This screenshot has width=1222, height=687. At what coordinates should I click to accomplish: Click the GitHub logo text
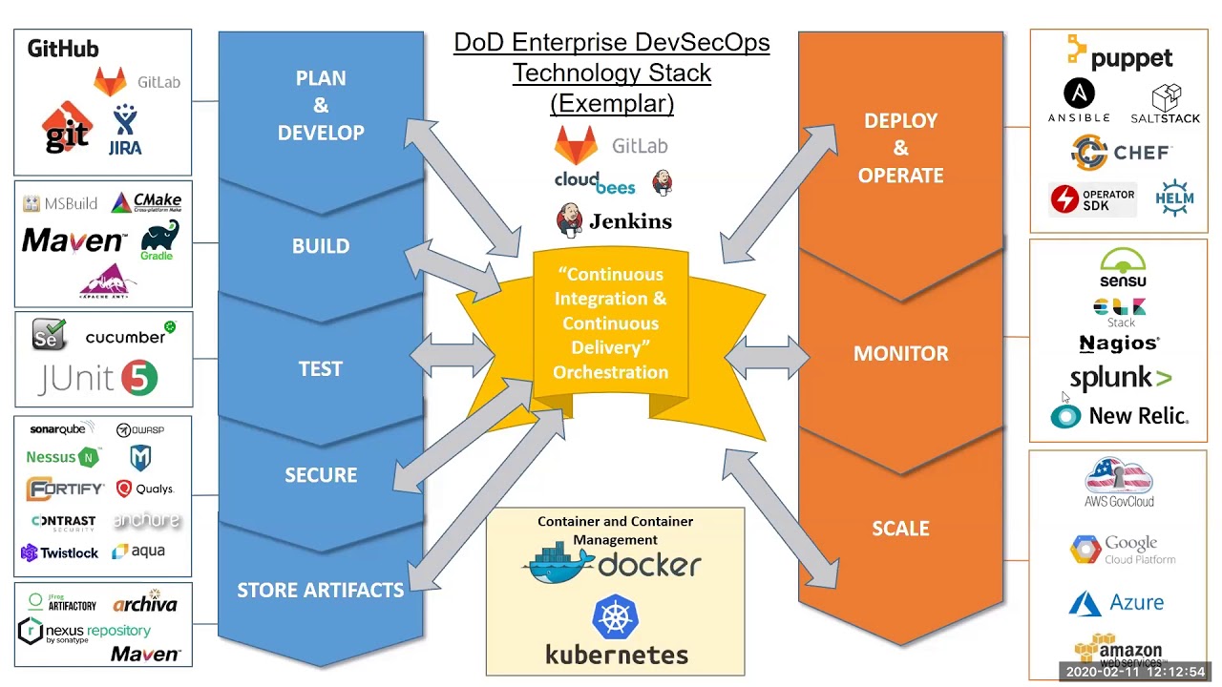(x=63, y=49)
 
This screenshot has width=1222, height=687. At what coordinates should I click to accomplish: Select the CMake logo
(x=146, y=202)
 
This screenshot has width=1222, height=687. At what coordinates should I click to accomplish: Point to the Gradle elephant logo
(x=158, y=239)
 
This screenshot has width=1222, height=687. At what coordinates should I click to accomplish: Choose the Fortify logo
(x=65, y=489)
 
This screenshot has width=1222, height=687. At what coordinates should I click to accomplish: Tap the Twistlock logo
(x=59, y=552)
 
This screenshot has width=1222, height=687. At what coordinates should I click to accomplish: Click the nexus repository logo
(x=85, y=632)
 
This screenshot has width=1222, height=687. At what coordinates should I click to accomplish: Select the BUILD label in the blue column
(x=321, y=246)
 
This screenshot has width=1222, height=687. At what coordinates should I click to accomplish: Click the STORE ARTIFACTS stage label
(x=321, y=591)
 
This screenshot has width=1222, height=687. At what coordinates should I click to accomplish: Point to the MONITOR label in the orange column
(x=900, y=354)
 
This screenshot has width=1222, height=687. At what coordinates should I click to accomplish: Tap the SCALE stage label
(x=900, y=529)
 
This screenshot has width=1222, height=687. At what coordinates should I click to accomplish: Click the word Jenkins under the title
(x=630, y=221)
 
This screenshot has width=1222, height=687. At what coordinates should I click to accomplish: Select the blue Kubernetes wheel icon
(x=616, y=617)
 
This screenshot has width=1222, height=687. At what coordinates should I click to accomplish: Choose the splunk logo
(x=1120, y=378)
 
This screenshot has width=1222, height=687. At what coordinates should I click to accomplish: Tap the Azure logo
(x=1117, y=603)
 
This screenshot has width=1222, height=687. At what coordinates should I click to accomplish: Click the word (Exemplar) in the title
(x=612, y=103)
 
